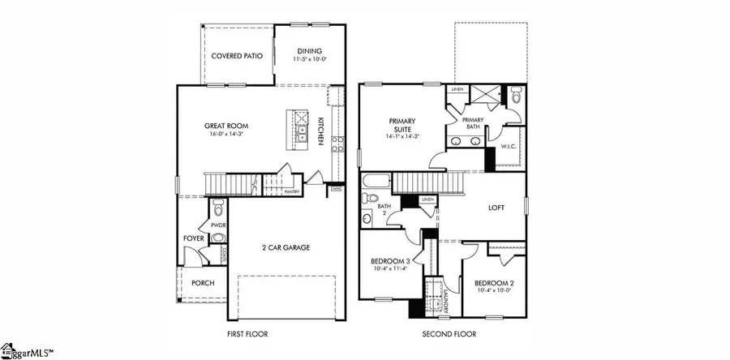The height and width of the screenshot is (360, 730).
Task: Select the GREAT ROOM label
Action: pyautogui.click(x=226, y=126)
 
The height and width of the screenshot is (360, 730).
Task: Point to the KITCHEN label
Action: pyautogui.click(x=321, y=131)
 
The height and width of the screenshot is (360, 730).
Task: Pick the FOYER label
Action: pyautogui.click(x=193, y=238)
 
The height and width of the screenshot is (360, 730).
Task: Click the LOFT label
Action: pyautogui.click(x=496, y=208)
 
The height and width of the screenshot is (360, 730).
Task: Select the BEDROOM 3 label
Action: pyautogui.click(x=389, y=261)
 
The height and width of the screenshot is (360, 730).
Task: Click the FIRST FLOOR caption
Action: pyautogui.click(x=248, y=334)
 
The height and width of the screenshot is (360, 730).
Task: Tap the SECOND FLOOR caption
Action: pyautogui.click(x=449, y=334)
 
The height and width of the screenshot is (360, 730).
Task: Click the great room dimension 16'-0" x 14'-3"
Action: pyautogui.click(x=226, y=135)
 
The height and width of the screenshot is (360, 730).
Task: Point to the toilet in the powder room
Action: pyautogui.click(x=217, y=238)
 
